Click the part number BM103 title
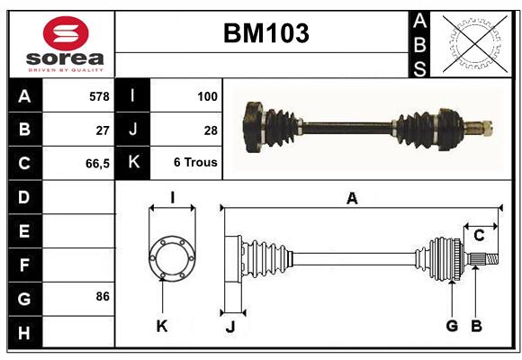265,34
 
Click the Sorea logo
65,44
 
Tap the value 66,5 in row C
97,164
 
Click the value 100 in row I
207,95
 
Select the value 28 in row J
211,130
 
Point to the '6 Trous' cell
195,164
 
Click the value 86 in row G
103,296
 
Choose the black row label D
24,196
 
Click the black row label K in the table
132,164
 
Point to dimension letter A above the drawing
352,199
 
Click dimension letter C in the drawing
479,235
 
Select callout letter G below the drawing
452,326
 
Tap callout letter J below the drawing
229,327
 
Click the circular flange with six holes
172,259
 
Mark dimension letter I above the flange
172,197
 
